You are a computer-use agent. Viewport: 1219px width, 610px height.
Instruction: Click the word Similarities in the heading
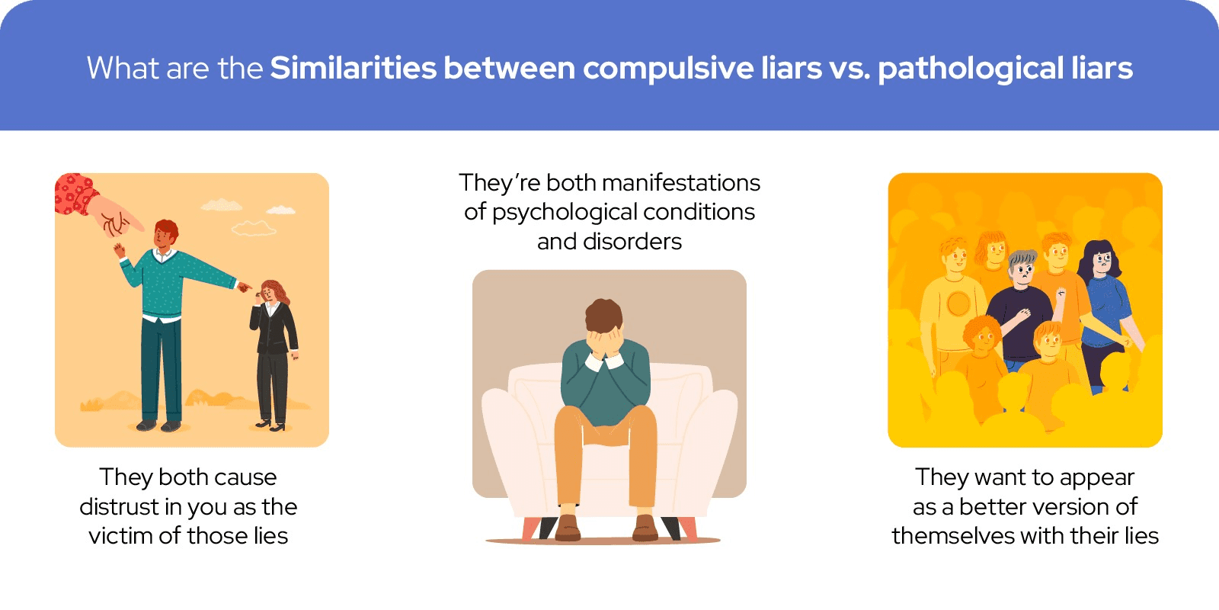pyautogui.click(x=354, y=68)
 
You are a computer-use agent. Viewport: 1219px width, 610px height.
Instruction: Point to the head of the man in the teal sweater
pyautogui.click(x=165, y=233)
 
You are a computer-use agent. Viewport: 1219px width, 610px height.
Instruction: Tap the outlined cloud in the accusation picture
pyautogui.click(x=254, y=228)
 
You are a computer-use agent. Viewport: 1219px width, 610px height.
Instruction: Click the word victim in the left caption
pyautogui.click(x=120, y=536)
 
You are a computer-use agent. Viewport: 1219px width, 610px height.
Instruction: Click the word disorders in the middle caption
pyautogui.click(x=632, y=241)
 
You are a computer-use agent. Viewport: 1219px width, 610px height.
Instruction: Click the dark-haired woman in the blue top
pyautogui.click(x=1105, y=310)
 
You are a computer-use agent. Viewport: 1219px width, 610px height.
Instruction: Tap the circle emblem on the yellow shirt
pyautogui.click(x=958, y=304)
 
